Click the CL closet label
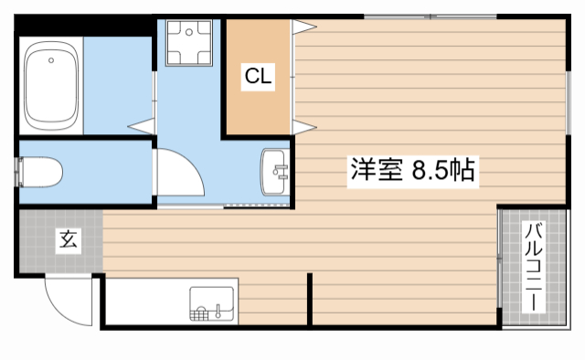(x=258, y=78)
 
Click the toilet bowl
(x=42, y=171)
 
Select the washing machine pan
(x=189, y=43)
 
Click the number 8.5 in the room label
(x=430, y=170)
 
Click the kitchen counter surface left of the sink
(x=146, y=301)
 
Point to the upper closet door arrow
(x=303, y=27)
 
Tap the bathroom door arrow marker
(x=141, y=123)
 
